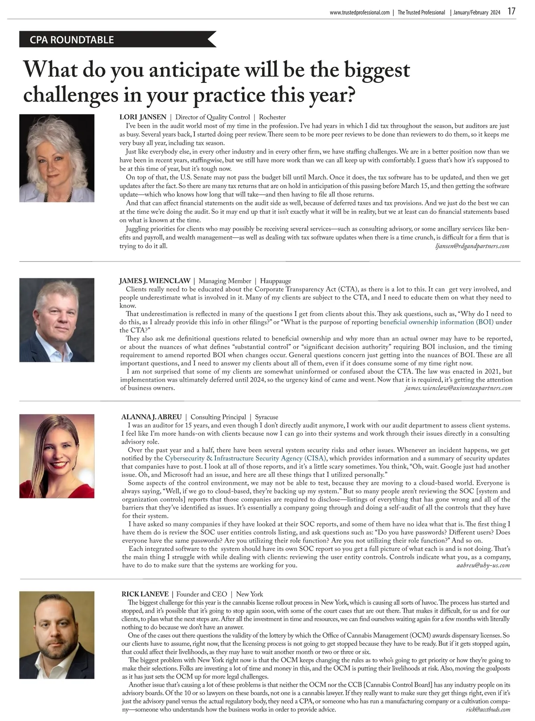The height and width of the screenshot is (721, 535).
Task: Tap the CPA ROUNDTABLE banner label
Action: pyautogui.click(x=72, y=40)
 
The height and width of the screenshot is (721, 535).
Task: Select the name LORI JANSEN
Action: pyautogui.click(x=143, y=117)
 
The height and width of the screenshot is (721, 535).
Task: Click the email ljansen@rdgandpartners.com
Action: pyautogui.click(x=471, y=246)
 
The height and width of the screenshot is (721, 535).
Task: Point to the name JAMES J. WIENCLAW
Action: pyautogui.click(x=155, y=281)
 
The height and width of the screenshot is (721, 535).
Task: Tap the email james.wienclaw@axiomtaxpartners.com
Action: pyautogui.click(x=458, y=388)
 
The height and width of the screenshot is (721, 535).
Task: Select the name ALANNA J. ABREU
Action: pyautogui.click(x=152, y=417)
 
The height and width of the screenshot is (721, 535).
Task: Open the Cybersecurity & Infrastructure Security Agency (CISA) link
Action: pyautogui.click(x=246, y=458)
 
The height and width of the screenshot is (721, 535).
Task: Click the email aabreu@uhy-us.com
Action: pyautogui.click(x=483, y=565)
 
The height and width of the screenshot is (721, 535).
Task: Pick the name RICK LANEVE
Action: pyautogui.click(x=145, y=594)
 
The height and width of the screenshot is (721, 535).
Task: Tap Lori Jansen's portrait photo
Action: pyautogui.click(x=57, y=158)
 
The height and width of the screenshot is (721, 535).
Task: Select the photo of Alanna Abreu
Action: pyautogui.click(x=57, y=456)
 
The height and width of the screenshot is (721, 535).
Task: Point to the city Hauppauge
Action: pyautogui.click(x=276, y=281)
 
